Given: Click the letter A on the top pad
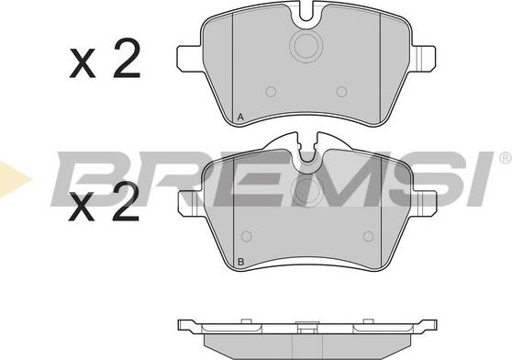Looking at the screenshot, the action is tap(240, 117).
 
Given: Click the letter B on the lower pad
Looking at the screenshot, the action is tap(241, 262).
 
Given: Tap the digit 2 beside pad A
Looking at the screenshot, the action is tap(127, 58).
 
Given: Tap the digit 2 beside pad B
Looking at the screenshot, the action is tap(126, 201).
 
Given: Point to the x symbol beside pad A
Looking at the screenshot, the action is tap(83, 63).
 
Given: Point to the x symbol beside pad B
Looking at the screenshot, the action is tap(82, 207).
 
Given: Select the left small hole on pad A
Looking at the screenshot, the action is tap(271, 92).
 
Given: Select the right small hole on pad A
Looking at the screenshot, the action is tap(341, 92).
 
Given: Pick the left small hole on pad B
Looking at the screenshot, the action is tap(246, 236).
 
